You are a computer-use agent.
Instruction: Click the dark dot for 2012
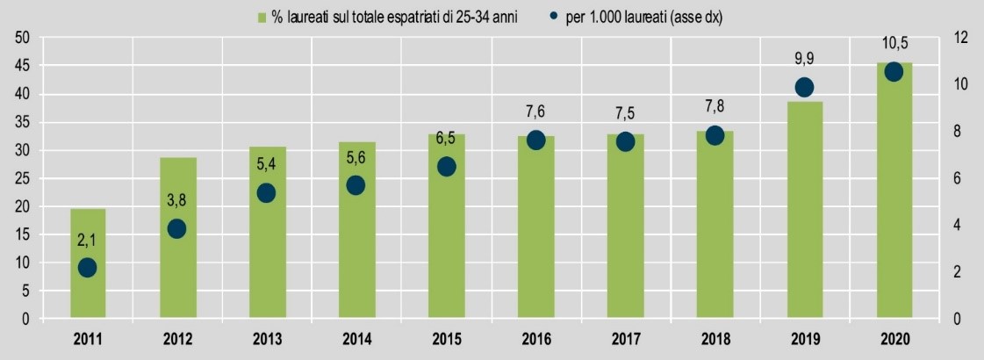[x=176, y=228]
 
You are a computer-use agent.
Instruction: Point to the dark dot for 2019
[x=804, y=87]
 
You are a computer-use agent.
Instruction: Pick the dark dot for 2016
[x=535, y=140]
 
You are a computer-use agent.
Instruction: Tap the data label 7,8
[x=715, y=109]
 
